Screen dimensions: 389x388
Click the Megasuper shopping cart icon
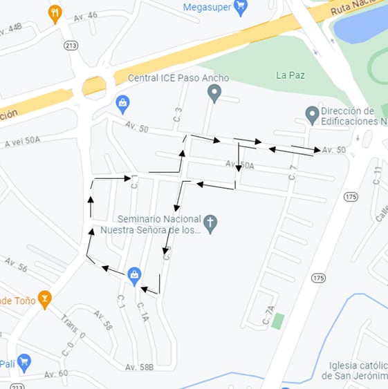241,8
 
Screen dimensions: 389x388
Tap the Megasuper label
206,8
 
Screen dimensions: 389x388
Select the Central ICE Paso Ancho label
178,78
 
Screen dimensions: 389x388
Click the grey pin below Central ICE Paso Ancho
214,93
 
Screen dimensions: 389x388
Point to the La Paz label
290,75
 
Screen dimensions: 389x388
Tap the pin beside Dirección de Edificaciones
312,114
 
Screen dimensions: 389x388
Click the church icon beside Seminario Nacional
210,223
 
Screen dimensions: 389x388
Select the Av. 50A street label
239,164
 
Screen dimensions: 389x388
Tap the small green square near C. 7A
278,321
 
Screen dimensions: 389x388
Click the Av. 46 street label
86,15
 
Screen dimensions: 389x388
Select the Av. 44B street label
15,28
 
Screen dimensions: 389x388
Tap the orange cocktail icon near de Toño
45,299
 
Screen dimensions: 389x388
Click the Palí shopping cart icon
24,361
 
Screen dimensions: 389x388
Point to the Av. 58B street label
139,368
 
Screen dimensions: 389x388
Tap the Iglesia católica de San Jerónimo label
354,370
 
